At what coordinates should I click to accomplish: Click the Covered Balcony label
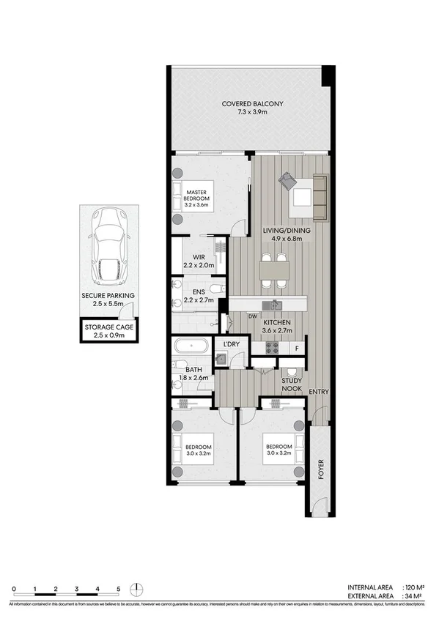point(253,104)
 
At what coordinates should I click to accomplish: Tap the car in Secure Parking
point(107,247)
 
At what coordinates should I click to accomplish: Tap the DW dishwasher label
point(251,316)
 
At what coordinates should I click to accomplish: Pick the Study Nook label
point(292,385)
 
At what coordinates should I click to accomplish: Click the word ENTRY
point(319,392)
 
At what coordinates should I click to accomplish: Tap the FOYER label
point(319,468)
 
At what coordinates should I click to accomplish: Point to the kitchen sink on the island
point(274,305)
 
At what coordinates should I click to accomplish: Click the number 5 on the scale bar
point(118,589)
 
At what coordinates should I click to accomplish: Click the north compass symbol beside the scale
point(137,589)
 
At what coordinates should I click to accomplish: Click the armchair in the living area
point(286,180)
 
